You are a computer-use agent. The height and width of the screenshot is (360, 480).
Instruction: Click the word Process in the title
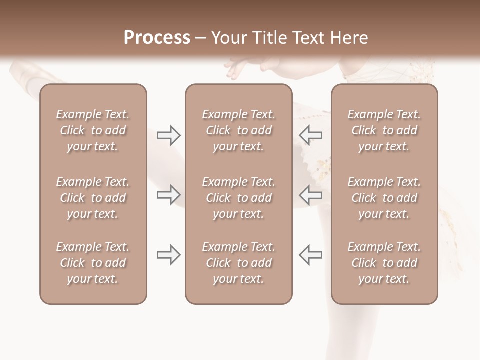click(157, 38)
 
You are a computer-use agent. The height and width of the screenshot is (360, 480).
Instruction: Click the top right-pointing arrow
click(168, 135)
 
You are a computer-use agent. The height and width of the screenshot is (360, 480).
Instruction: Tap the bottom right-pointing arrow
click(168, 255)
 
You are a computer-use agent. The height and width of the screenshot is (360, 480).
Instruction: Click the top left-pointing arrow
click(310, 135)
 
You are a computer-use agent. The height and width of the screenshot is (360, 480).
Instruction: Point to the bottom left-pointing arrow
click(310, 255)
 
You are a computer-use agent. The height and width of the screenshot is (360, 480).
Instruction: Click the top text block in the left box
click(93, 130)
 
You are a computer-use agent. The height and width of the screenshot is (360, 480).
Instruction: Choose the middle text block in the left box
click(93, 198)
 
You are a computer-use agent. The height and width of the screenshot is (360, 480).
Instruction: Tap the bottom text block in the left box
click(93, 263)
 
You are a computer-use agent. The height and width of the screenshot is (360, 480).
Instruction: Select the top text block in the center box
click(238, 130)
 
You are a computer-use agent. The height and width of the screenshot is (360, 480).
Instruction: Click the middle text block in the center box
click(238, 198)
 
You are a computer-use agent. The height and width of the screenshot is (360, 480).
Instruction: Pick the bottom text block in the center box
click(238, 263)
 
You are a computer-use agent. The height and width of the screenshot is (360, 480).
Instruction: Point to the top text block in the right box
click(384, 130)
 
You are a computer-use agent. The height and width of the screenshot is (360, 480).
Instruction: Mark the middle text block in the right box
click(384, 198)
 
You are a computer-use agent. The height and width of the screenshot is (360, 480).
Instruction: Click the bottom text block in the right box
click(384, 263)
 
